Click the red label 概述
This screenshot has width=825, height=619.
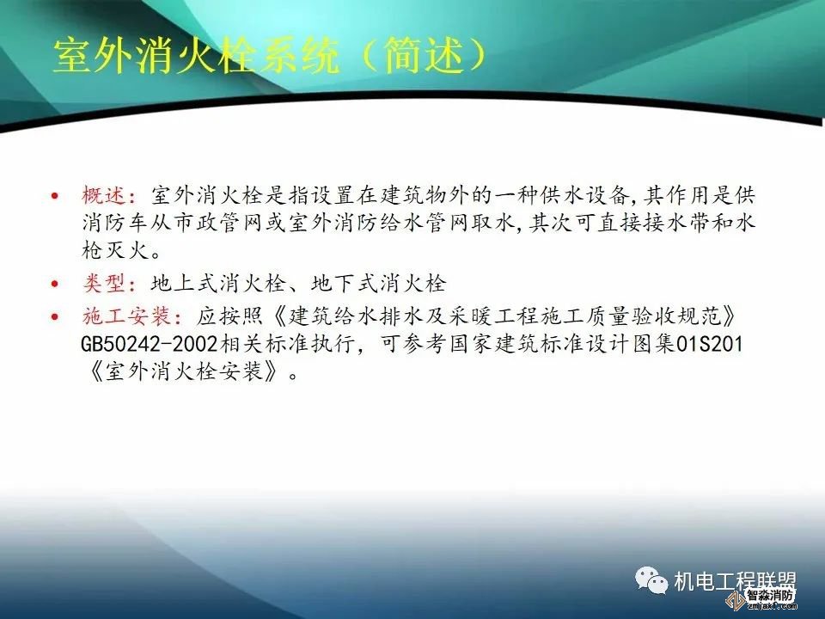(103, 194)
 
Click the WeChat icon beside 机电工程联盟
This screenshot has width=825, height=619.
(652, 580)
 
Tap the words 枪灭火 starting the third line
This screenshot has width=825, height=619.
(112, 253)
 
